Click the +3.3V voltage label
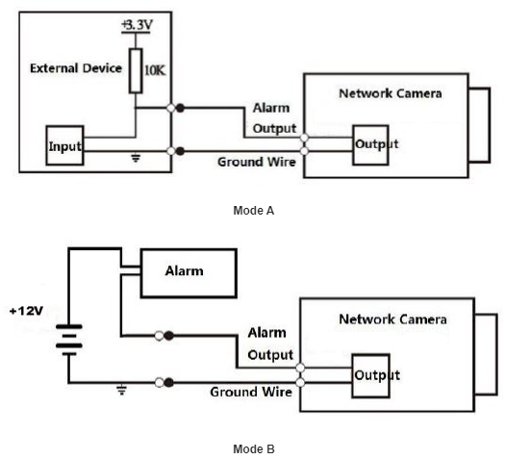(137, 25)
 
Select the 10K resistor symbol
(136, 71)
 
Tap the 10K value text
(155, 70)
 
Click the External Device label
(76, 68)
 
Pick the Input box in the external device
(64, 145)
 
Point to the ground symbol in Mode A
(136, 158)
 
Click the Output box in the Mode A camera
(370, 145)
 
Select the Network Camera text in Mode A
(391, 93)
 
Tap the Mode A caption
(254, 211)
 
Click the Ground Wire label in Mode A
(257, 162)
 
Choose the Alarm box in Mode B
(189, 273)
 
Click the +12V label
(26, 311)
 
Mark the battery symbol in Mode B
(69, 340)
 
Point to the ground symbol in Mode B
(121, 390)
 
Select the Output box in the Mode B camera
(370, 375)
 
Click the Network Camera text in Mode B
(392, 319)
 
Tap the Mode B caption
(254, 449)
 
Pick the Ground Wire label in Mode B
(251, 392)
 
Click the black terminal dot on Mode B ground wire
(168, 383)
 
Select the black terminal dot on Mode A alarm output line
(180, 108)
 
